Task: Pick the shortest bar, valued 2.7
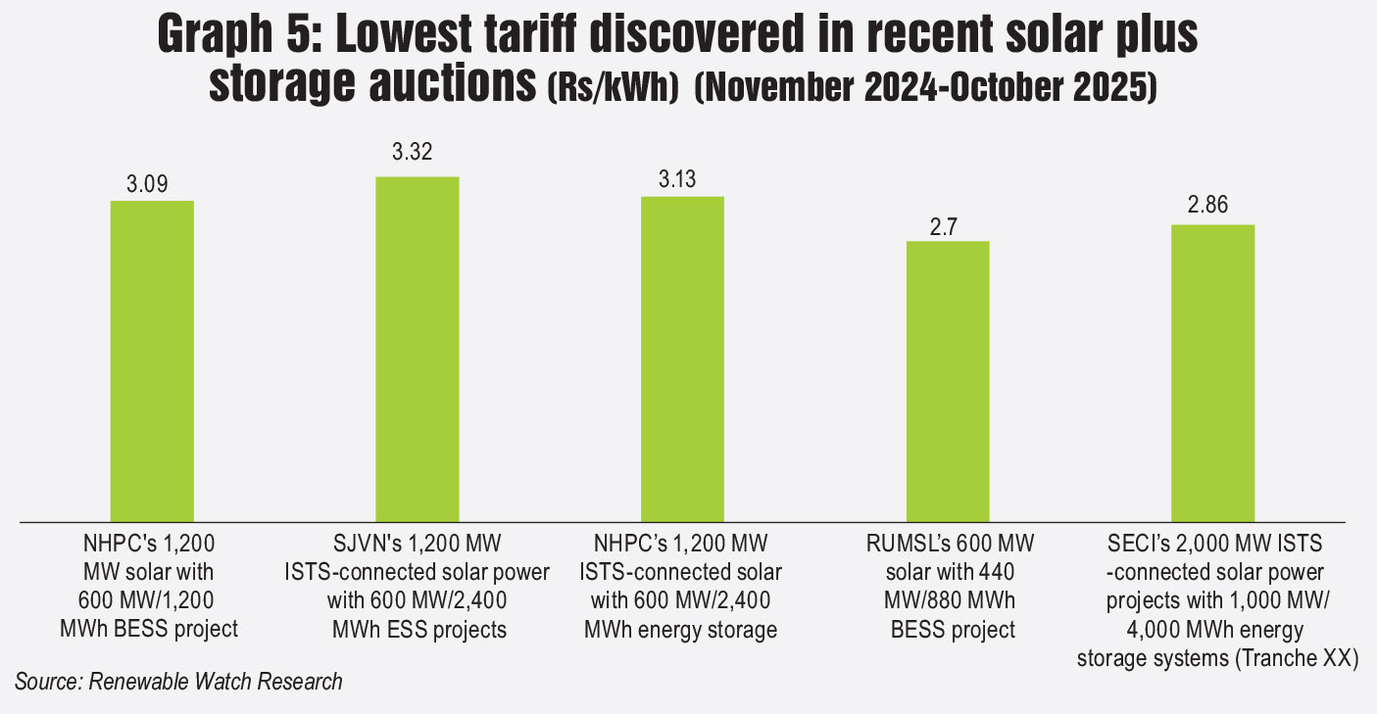[x=948, y=381]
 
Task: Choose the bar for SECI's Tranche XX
[x=1213, y=373]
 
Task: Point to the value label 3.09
[x=151, y=185]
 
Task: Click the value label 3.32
[x=413, y=152]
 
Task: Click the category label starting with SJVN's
[x=418, y=586]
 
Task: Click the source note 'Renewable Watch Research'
[x=216, y=682]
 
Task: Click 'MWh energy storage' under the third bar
[x=680, y=630]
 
